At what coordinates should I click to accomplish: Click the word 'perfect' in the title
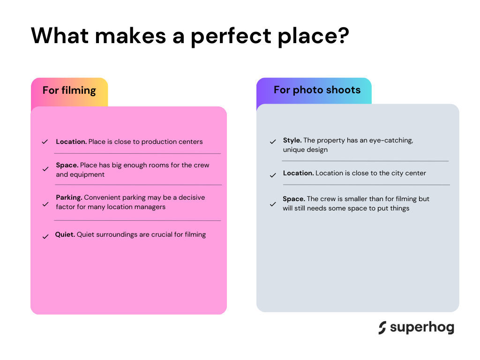pos(231,37)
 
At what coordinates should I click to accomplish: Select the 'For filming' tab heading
pos(69,90)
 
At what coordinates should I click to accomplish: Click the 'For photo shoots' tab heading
pos(317,90)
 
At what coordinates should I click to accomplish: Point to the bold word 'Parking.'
pos(69,197)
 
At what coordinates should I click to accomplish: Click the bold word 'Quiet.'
pos(65,234)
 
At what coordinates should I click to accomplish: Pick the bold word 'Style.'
pos(292,140)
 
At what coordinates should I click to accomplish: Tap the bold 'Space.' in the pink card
pos(67,165)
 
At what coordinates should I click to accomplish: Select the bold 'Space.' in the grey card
pos(294,199)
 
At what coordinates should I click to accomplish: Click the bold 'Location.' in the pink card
pos(71,142)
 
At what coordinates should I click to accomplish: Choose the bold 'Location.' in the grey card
pos(298,173)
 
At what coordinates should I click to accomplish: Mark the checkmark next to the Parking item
pos(45,204)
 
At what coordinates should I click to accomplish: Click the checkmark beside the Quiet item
pos(45,237)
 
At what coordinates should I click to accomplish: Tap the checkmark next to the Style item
pos(273,142)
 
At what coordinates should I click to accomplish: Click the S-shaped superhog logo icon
pos(382,328)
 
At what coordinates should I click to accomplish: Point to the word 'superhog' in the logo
pos(422,328)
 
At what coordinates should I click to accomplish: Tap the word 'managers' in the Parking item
pos(150,207)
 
